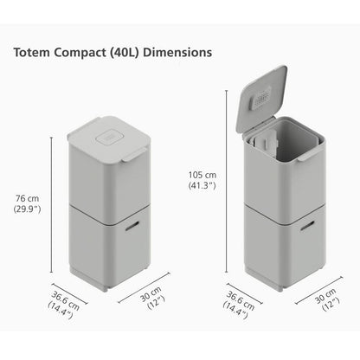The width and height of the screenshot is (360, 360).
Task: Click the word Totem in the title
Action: click(31, 52)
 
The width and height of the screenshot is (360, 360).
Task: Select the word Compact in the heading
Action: click(80, 52)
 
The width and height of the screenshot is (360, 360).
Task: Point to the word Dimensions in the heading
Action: click(181, 52)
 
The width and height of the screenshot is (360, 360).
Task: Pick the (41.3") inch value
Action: click(200, 185)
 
